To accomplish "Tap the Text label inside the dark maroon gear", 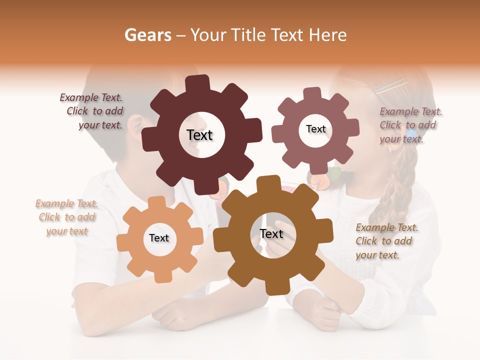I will pyautogui.click(x=199, y=135).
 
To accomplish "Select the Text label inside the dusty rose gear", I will pyautogui.click(x=315, y=129).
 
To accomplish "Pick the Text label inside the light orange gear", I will pyautogui.click(x=159, y=238).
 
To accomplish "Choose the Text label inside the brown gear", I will pyautogui.click(x=271, y=233).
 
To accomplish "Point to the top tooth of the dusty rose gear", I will pyautogui.click(x=312, y=93).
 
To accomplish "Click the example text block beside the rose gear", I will pyautogui.click(x=409, y=125).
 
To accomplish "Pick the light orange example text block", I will pyautogui.click(x=66, y=217).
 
